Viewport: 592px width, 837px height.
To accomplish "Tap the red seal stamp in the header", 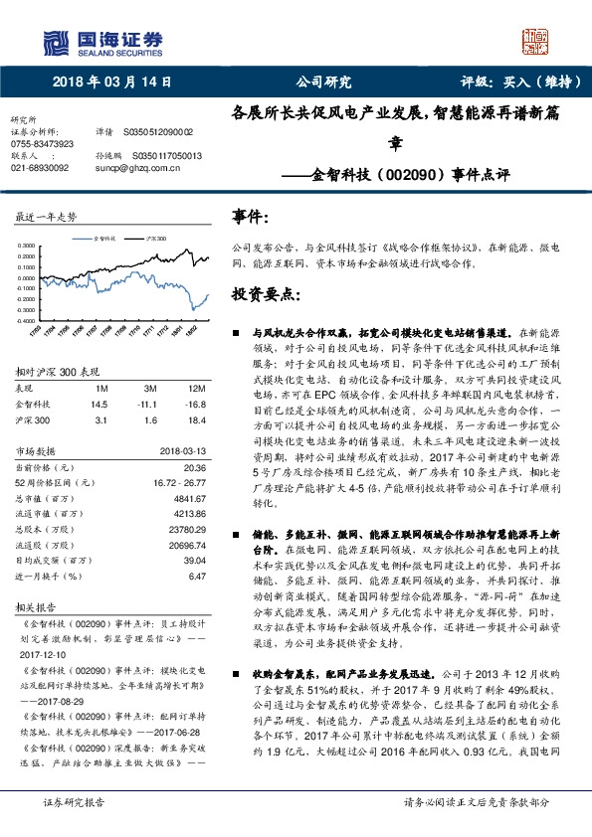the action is (x=536, y=41).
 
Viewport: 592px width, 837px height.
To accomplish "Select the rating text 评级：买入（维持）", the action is (x=516, y=83).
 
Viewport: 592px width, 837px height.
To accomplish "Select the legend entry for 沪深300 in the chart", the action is (x=153, y=240).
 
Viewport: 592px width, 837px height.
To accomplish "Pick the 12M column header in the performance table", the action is (x=197, y=389).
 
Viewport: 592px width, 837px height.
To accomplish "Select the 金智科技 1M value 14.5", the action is (x=98, y=404).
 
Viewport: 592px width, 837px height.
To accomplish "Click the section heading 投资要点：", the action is (x=265, y=295).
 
